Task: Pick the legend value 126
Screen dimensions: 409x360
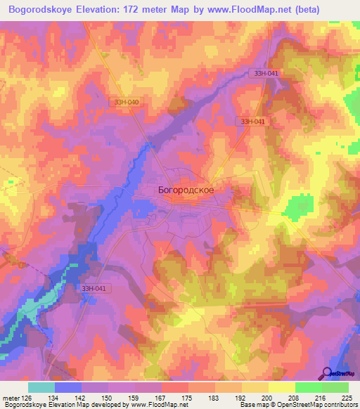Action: [26, 397]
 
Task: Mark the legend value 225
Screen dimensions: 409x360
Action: [346, 397]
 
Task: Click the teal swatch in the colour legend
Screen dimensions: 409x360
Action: [41, 387]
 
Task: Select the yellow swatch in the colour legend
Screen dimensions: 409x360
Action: [281, 387]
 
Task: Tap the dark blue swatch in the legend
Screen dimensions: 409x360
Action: [68, 387]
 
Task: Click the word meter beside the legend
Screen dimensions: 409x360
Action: [10, 397]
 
